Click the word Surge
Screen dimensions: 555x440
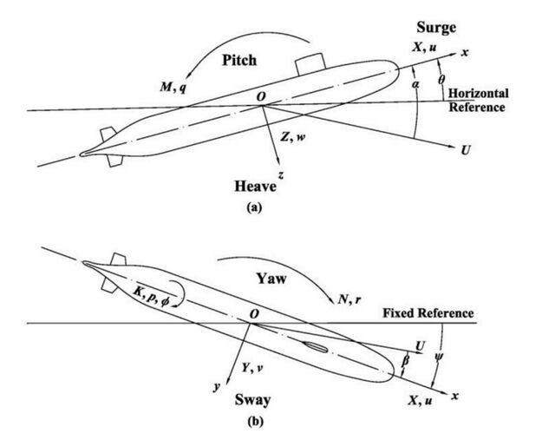pos(436,28)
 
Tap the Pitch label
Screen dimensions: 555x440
pos(239,60)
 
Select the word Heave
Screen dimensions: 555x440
pos(255,186)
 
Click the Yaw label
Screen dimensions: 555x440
pos(271,279)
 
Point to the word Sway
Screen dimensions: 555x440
pos(252,400)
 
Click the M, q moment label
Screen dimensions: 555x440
pos(173,86)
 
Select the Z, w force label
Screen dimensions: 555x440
pos(293,137)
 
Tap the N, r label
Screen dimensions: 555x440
pos(349,300)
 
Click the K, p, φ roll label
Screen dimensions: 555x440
pos(150,297)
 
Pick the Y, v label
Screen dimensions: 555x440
pos(252,368)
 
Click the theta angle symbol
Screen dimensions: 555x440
pos(441,80)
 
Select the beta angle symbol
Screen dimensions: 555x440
pos(406,361)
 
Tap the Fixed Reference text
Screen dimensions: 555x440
pos(428,313)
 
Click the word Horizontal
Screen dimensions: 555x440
pos(479,93)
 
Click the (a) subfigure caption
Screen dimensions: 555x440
pos(254,207)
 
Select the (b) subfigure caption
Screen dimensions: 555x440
pos(255,422)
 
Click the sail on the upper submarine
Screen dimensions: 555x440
pos(310,64)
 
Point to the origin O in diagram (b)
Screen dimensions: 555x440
pos(254,314)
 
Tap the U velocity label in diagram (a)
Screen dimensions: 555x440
pos(466,150)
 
